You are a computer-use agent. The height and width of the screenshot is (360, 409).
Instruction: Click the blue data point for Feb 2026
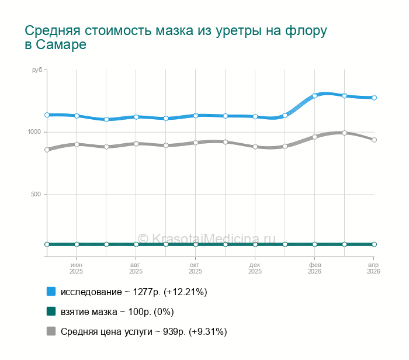314,96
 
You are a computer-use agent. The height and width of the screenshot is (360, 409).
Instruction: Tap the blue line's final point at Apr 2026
374,98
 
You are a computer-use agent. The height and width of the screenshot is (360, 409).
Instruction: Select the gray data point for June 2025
77,144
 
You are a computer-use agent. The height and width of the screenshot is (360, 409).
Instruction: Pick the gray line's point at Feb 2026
314,137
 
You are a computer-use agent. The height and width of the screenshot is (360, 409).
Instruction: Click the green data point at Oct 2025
196,244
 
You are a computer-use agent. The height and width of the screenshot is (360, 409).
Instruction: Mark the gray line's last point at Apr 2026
374,140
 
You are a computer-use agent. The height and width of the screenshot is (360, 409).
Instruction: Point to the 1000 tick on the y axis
34,132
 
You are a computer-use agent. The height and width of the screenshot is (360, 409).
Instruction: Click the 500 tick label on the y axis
36,194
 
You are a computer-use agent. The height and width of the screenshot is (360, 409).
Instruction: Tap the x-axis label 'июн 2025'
77,268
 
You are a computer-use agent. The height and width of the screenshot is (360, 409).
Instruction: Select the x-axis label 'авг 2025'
136,268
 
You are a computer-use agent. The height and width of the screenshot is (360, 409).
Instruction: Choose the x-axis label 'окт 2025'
196,268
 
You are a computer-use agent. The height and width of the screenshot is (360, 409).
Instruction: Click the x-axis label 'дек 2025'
255,268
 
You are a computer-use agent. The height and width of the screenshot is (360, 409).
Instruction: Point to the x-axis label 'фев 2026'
314,268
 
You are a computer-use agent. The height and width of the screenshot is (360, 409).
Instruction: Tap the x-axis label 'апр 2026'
373,268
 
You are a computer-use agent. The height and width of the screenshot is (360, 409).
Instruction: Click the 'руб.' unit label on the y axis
37,70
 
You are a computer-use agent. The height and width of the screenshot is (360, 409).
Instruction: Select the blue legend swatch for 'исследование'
51,292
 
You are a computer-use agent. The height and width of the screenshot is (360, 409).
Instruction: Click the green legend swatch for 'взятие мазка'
51,311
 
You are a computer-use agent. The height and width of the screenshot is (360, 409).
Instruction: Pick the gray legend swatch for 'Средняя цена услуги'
51,331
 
